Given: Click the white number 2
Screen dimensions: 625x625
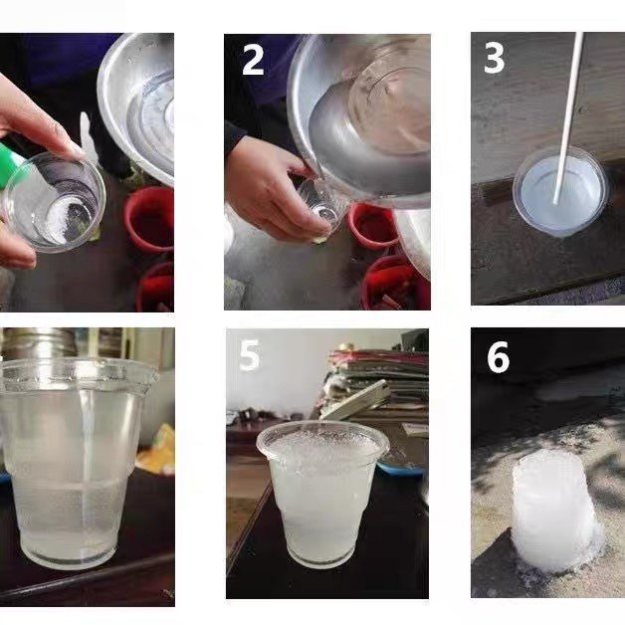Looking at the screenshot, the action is [x=253, y=60].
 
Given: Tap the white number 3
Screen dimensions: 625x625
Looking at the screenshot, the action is [x=495, y=58].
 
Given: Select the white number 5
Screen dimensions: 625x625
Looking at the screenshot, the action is [x=250, y=355].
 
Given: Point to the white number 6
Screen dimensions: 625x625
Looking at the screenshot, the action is [x=498, y=357].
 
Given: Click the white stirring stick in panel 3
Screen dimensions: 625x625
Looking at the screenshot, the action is [x=568, y=118].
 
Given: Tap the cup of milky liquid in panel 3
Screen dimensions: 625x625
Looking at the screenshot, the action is [x=561, y=191].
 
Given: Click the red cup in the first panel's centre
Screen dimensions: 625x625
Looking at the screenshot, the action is [x=149, y=219].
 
